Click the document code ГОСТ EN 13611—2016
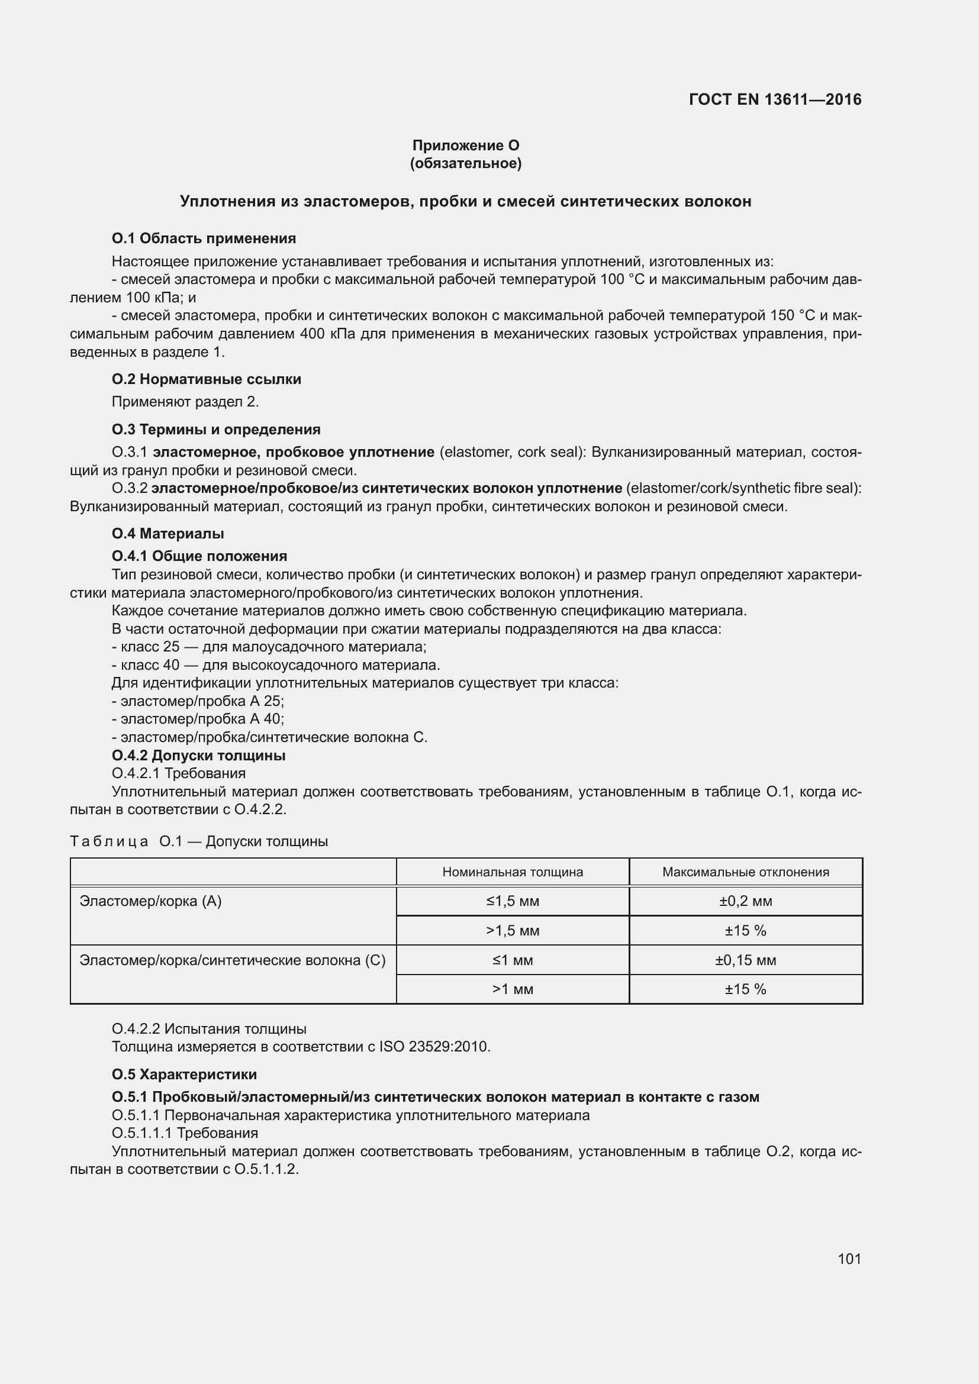click(775, 99)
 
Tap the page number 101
click(849, 1259)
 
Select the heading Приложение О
click(465, 146)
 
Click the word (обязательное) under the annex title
click(465, 163)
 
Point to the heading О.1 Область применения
click(204, 238)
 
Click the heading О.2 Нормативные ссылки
click(206, 379)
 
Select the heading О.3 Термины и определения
click(216, 429)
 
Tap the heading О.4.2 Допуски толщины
click(198, 755)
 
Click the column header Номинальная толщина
click(513, 872)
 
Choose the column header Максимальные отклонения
click(745, 872)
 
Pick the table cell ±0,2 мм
click(745, 901)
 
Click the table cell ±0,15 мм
click(745, 960)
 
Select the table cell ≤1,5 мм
click(513, 901)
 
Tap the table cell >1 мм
click(513, 989)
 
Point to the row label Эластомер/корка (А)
click(151, 901)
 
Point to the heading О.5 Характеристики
click(184, 1074)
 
